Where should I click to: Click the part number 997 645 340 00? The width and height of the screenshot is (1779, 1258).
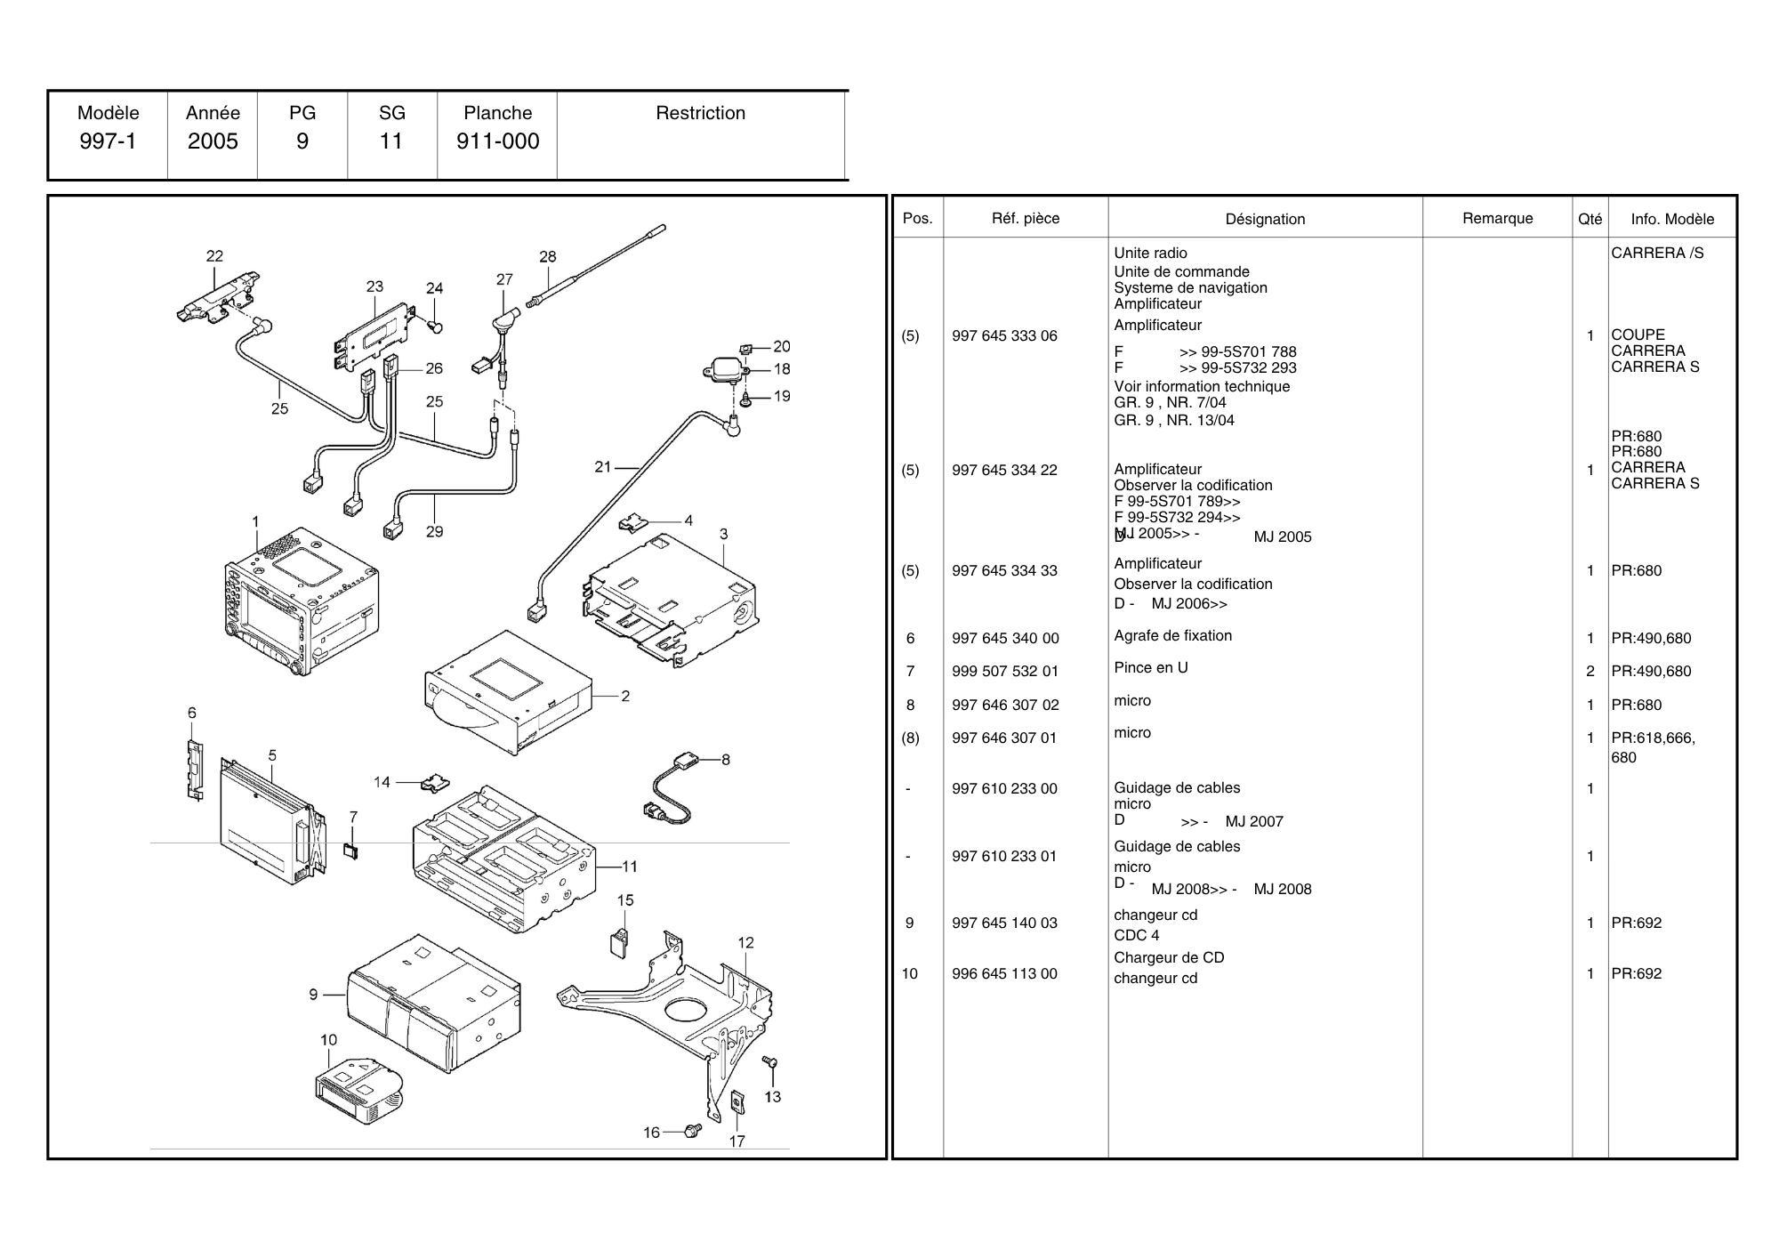point(1005,638)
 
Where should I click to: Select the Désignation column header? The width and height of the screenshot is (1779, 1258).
point(1265,219)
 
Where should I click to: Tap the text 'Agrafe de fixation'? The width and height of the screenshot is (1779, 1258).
point(1172,635)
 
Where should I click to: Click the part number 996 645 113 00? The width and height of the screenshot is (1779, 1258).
point(1004,973)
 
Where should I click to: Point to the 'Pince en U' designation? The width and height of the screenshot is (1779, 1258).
point(1150,667)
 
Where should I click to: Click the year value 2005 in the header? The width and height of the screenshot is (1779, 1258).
point(213,141)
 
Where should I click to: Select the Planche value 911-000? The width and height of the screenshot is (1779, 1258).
point(497,141)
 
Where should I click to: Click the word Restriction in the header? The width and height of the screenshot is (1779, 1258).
point(700,113)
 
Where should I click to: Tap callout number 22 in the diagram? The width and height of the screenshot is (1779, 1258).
point(214,256)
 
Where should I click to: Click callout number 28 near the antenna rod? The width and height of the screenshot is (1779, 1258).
point(548,256)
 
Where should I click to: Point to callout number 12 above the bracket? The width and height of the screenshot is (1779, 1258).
point(745,942)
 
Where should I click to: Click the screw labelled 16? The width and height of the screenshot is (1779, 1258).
point(693,1130)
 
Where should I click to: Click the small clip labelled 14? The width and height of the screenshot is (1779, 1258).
point(435,784)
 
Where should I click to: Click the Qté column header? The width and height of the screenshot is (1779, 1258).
point(1590,219)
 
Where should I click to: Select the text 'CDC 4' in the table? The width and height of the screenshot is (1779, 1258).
point(1136,935)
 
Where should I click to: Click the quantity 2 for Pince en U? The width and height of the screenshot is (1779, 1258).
point(1590,671)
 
